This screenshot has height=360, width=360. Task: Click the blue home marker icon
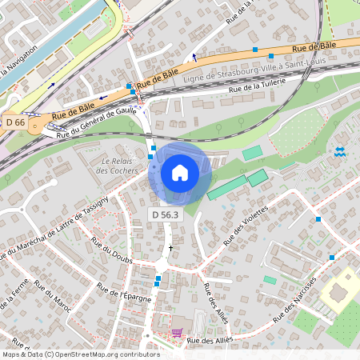(x=180, y=173)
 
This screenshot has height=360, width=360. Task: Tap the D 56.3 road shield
(x=166, y=215)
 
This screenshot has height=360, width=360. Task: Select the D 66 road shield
(x=16, y=122)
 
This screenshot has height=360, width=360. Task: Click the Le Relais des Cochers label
(x=118, y=166)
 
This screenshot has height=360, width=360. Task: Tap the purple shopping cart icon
(x=177, y=332)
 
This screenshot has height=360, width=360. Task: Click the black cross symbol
(x=170, y=249)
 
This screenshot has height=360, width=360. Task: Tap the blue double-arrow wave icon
(x=340, y=151)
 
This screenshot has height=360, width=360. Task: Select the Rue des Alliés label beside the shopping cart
(x=214, y=341)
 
